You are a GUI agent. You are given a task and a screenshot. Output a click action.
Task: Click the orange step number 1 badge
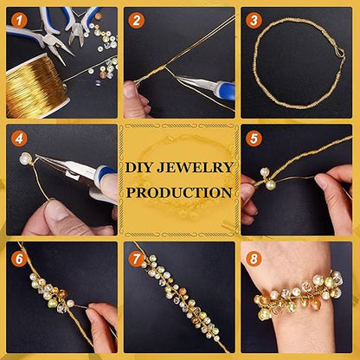coord(19,21)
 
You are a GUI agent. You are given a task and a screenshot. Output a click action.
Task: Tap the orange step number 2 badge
coord(137,21)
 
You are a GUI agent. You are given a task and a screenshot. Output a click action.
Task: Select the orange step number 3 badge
coord(254,21)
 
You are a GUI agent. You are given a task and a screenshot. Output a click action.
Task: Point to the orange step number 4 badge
coord(19,138)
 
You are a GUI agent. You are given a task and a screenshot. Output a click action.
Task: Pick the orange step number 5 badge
coord(254,138)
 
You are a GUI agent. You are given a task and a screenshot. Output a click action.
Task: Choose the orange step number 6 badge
coord(19,259)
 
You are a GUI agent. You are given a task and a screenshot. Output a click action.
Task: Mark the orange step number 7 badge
coord(137,259)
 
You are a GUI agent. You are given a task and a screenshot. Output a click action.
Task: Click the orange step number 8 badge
coord(254,259)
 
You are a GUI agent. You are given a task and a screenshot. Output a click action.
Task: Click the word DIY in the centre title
coord(139,168)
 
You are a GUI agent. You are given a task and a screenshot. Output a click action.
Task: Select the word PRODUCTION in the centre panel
coord(179,192)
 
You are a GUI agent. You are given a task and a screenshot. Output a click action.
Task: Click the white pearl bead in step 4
coord(25,158)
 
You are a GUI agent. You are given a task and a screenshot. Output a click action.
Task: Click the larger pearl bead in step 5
coord(270,184)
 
